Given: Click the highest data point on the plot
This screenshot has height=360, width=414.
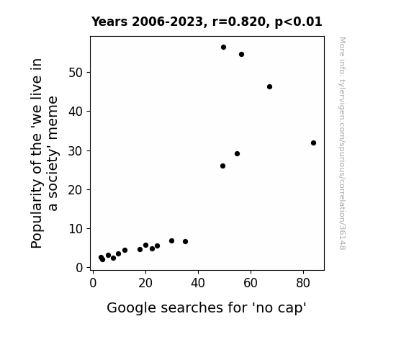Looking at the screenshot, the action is click(223, 48).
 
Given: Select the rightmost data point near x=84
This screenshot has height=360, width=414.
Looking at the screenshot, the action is click(313, 143).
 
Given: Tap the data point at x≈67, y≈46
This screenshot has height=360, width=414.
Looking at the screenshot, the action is click(269, 86).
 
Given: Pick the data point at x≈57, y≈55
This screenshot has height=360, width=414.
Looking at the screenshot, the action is click(241, 55).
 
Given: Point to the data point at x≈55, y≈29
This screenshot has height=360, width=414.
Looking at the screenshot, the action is click(237, 153).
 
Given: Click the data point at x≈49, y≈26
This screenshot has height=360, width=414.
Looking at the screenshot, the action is click(223, 166).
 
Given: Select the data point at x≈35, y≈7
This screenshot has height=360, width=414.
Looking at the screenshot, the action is click(185, 241).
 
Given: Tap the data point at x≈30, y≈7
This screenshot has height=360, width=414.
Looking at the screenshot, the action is click(171, 241).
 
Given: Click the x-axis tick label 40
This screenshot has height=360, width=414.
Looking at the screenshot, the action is click(198, 283).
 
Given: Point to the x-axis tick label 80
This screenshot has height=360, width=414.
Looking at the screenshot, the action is click(303, 283).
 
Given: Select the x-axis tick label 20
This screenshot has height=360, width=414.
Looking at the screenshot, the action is click(145, 283).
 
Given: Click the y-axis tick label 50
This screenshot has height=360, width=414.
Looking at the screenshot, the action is click(76, 73).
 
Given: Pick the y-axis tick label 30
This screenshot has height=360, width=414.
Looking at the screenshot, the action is click(76, 151).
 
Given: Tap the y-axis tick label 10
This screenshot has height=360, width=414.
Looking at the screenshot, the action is click(76, 229).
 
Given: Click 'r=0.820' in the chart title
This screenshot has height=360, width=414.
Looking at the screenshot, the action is click(239, 22).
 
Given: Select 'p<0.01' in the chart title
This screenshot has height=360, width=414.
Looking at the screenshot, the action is click(298, 22).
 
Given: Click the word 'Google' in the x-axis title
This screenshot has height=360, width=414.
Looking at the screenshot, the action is click(131, 308).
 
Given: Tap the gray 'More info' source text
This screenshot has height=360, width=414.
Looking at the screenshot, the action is click(342, 143).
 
